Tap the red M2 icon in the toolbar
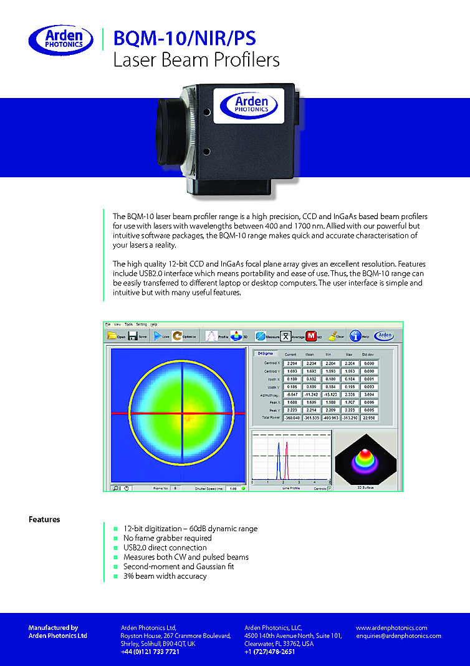312,336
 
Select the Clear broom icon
335,336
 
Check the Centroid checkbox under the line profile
330,488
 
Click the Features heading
44,519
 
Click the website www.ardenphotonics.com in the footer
391,627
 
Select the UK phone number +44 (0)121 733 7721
150,652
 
